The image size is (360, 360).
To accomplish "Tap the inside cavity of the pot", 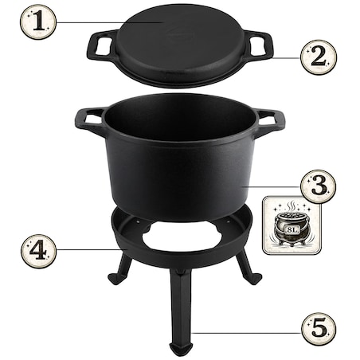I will click(179, 127).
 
